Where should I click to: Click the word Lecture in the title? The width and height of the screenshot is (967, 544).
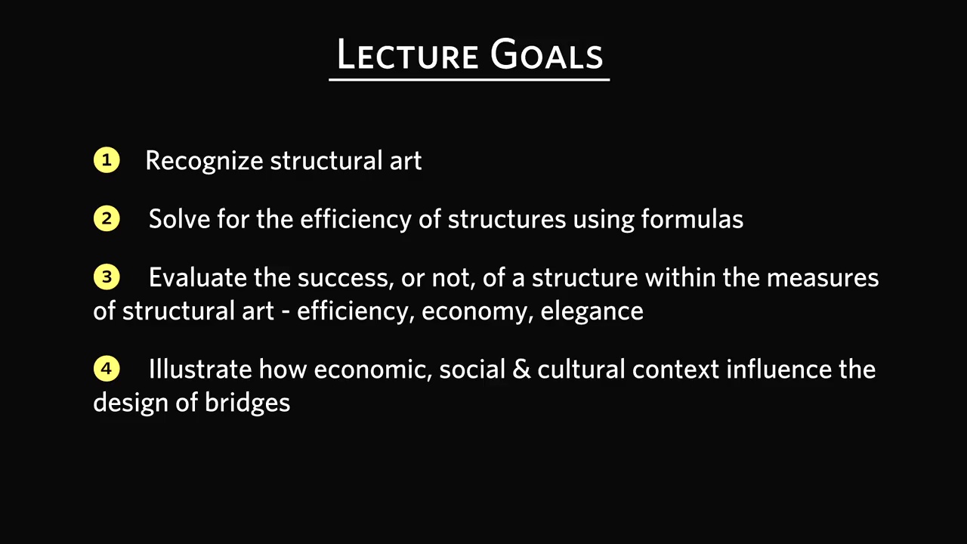[407, 54]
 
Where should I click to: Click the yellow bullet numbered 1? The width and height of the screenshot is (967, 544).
[107, 160]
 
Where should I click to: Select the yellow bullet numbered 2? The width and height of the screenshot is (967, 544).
[107, 218]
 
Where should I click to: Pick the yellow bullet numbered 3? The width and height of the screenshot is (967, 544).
[107, 277]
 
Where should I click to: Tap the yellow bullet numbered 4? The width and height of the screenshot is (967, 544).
[107, 369]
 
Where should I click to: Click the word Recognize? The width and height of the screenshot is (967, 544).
[204, 162]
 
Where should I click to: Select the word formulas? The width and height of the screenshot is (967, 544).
[692, 218]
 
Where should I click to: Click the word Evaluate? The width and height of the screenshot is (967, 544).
[198, 277]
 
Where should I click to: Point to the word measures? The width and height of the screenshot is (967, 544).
[823, 277]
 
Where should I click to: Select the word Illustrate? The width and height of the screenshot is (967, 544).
[200, 369]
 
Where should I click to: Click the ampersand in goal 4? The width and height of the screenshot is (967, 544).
[521, 369]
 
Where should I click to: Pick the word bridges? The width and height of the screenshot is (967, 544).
[247, 403]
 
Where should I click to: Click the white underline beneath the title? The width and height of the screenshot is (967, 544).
[469, 79]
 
